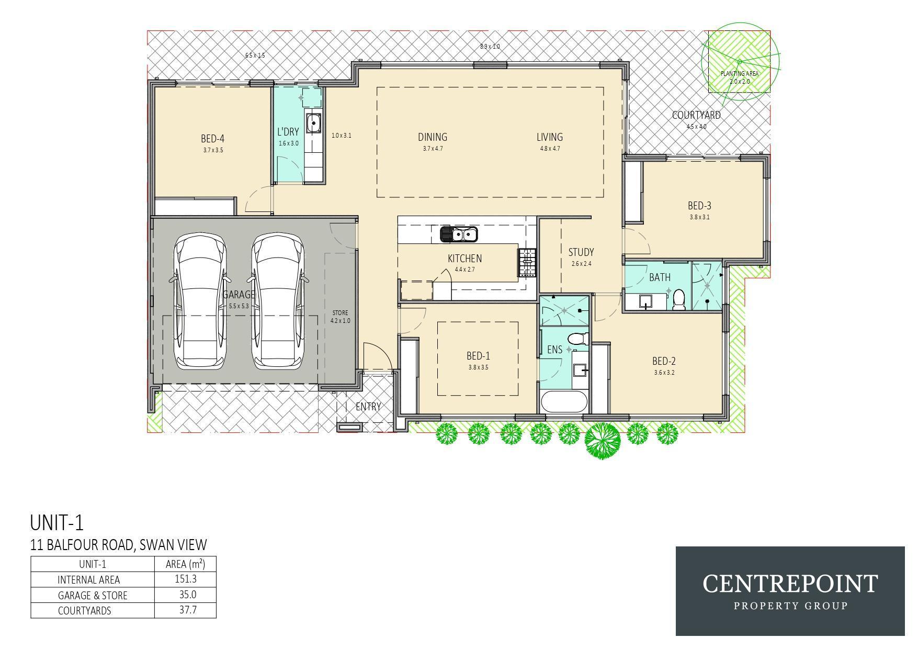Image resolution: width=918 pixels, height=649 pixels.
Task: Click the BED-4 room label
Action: coord(212,139)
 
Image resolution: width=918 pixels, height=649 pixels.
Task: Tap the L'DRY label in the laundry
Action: coord(288,132)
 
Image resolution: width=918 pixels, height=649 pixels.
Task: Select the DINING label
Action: coord(433,137)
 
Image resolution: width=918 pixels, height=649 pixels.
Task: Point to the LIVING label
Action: coord(550,137)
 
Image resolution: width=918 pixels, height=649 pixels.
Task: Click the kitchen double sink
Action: coord(459,234)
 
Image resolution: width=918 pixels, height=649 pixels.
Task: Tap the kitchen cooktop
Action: coord(528,262)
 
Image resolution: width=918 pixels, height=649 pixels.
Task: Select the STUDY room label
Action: coord(581,252)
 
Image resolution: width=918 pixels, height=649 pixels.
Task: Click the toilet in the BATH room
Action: coord(679,299)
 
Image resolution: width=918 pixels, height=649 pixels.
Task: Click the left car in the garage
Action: coord(201,301)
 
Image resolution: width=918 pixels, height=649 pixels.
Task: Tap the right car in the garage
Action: coord(278,301)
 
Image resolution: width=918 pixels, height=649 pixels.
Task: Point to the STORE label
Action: coord(340,313)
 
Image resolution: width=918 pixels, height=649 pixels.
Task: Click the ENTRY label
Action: coord(368,407)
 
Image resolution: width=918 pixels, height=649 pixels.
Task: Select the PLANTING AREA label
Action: coord(740,74)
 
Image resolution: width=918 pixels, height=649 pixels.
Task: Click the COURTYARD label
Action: coord(696,115)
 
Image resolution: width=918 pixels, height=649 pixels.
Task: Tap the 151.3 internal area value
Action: coord(186,579)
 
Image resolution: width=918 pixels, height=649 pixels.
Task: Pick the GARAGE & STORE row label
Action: coord(93,596)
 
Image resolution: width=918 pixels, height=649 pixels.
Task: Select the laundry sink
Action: coord(313,124)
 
